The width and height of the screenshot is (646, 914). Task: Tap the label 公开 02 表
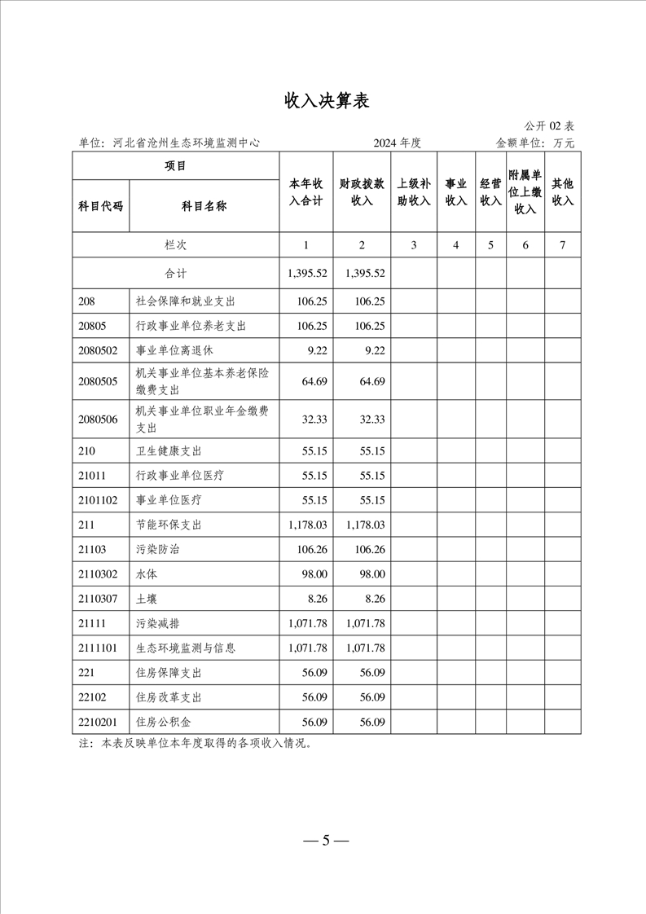(550, 126)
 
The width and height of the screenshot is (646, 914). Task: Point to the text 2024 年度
(397, 143)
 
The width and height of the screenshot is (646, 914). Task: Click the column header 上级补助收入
(414, 193)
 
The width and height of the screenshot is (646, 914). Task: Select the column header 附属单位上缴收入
(525, 193)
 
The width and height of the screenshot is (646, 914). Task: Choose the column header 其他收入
(563, 193)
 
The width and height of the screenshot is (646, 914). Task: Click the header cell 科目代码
(100, 206)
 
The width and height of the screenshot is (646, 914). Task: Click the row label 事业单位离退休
(174, 351)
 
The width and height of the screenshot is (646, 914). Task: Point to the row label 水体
(146, 574)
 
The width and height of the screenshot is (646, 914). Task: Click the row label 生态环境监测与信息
(186, 648)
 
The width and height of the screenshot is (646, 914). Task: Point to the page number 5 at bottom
(324, 841)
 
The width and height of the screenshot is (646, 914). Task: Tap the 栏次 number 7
(563, 244)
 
